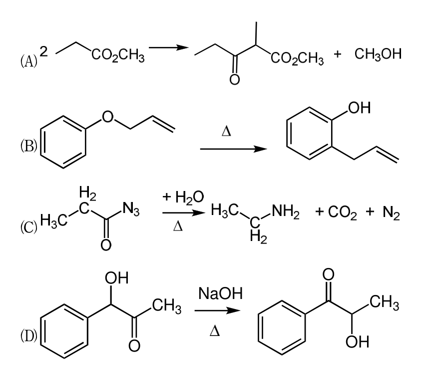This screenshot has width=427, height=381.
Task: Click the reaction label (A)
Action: pyautogui.click(x=28, y=60)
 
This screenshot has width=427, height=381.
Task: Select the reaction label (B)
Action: pyautogui.click(x=28, y=146)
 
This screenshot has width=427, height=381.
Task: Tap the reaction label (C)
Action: pyautogui.click(x=28, y=227)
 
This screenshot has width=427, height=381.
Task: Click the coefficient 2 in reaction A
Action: pyautogui.click(x=43, y=51)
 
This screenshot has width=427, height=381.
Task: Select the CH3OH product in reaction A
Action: pyautogui.click(x=378, y=54)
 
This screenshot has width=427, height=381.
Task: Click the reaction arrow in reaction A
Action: pyautogui.click(x=169, y=47)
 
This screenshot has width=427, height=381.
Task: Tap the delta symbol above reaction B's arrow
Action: pyautogui.click(x=226, y=131)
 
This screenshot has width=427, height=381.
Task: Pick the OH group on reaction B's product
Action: pyautogui.click(x=359, y=107)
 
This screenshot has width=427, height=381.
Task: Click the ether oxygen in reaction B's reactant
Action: pyautogui.click(x=107, y=116)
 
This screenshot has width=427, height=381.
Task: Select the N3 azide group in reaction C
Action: pyautogui.click(x=131, y=209)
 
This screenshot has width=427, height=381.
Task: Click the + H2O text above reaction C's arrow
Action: pyautogui.click(x=183, y=197)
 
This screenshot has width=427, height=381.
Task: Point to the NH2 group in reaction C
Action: pyautogui.click(x=285, y=211)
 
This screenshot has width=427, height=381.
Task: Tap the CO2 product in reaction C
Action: pyautogui.click(x=342, y=212)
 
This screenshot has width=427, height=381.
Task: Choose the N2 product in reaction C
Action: pyautogui.click(x=391, y=212)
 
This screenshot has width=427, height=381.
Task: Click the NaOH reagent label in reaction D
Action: pyautogui.click(x=220, y=293)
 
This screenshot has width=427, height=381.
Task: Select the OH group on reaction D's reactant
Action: pyautogui.click(x=116, y=278)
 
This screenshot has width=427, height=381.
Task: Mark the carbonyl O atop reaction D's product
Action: pyautogui.click(x=328, y=274)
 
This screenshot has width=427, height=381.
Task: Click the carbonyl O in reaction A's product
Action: pyautogui.click(x=234, y=79)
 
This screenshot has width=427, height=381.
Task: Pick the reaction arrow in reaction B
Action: pyautogui.click(x=233, y=149)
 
